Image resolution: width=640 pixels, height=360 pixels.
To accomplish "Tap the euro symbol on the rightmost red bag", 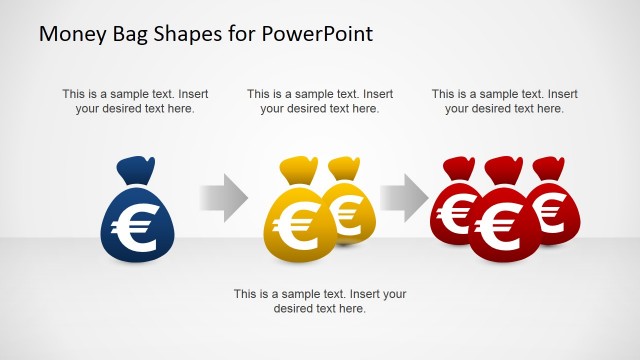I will click(x=549, y=211).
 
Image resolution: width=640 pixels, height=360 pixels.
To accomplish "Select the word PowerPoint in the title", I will click(x=320, y=34).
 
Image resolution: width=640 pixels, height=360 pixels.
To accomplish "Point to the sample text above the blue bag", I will click(x=135, y=101).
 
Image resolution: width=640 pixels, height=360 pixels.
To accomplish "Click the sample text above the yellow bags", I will click(x=320, y=101).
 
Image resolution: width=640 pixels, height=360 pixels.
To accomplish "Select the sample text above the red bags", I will click(x=505, y=101).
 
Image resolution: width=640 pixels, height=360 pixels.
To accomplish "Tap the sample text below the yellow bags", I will click(x=320, y=301).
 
